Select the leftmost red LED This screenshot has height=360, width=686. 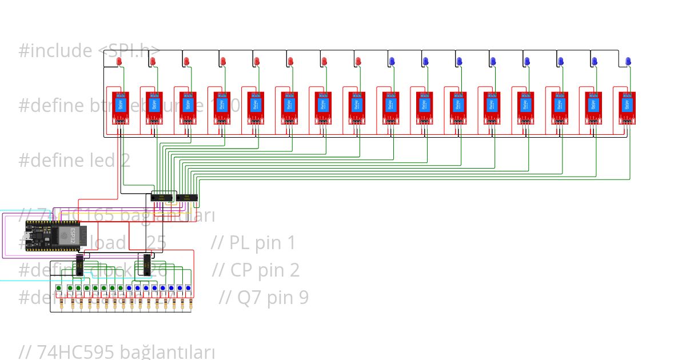tap(119, 61)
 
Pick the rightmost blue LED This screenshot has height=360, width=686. tap(628, 61)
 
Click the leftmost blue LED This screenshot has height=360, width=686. tap(392, 61)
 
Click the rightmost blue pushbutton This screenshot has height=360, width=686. tap(188, 287)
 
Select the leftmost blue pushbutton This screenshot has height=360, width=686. tap(129, 287)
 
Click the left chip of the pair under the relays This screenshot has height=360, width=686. tap(162, 198)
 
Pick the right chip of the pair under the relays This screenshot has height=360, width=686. tap(187, 198)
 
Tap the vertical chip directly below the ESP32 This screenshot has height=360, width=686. tap(79, 266)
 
